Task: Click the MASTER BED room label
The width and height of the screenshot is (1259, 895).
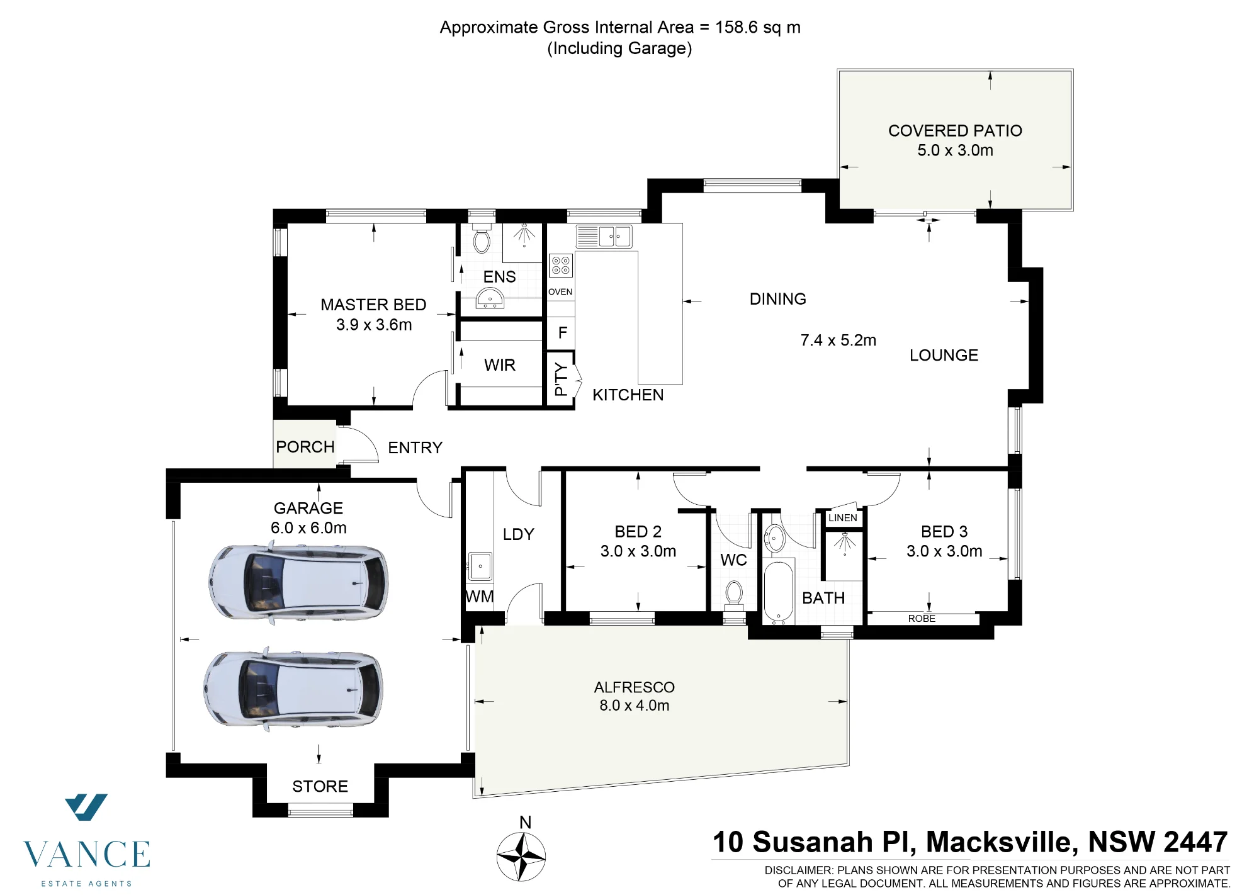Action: [373, 305]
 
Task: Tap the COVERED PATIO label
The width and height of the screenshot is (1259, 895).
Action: [955, 131]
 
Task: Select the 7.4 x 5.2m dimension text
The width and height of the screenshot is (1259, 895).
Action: [838, 341]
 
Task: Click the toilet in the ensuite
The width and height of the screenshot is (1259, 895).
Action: [482, 239]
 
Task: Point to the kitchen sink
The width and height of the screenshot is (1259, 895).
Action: [604, 237]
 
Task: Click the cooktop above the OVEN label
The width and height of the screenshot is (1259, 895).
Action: [560, 265]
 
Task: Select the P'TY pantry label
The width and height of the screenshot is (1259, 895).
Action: [561, 380]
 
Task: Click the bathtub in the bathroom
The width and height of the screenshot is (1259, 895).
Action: [779, 591]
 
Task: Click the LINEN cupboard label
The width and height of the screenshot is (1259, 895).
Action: [843, 518]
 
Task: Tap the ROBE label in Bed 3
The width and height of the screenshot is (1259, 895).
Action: [922, 619]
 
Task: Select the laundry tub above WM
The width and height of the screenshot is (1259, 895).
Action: [480, 566]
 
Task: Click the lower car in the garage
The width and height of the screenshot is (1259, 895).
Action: [293, 689]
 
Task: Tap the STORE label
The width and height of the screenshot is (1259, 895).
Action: [320, 786]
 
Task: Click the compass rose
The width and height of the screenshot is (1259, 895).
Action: [521, 857]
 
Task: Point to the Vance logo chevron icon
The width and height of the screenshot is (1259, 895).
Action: [86, 807]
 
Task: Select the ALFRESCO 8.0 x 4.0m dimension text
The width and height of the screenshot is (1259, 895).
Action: [635, 706]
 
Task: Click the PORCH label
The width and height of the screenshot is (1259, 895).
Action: [305, 447]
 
